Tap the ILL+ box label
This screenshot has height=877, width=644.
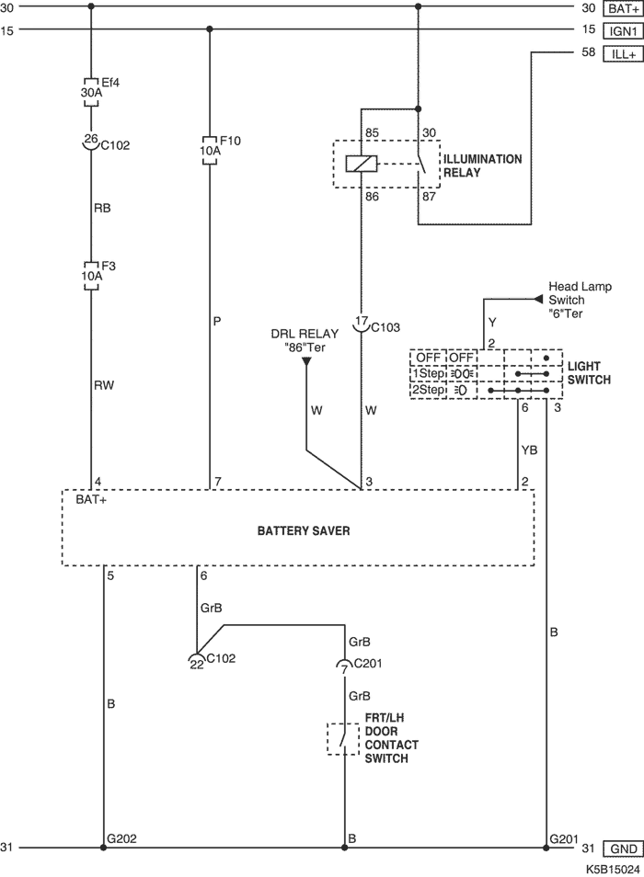coord(622,54)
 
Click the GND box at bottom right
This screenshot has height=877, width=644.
coord(623,849)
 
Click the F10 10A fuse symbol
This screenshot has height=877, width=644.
coord(209,150)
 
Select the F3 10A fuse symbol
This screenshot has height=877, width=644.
coord(91,274)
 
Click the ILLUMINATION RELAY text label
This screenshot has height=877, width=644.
coord(482,165)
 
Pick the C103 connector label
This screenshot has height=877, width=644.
coord(384,325)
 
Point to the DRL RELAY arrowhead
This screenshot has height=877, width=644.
coord(307,361)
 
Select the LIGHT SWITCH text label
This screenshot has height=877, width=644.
coord(590,372)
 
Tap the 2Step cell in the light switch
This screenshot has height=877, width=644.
coord(428,390)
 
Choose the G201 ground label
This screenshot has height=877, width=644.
coord(563,839)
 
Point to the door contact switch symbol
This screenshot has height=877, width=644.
coord(344,738)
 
